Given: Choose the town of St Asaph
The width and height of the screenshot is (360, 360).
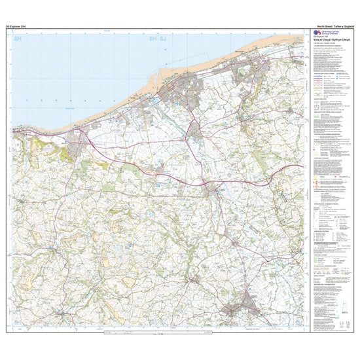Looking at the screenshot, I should click(211, 191).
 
